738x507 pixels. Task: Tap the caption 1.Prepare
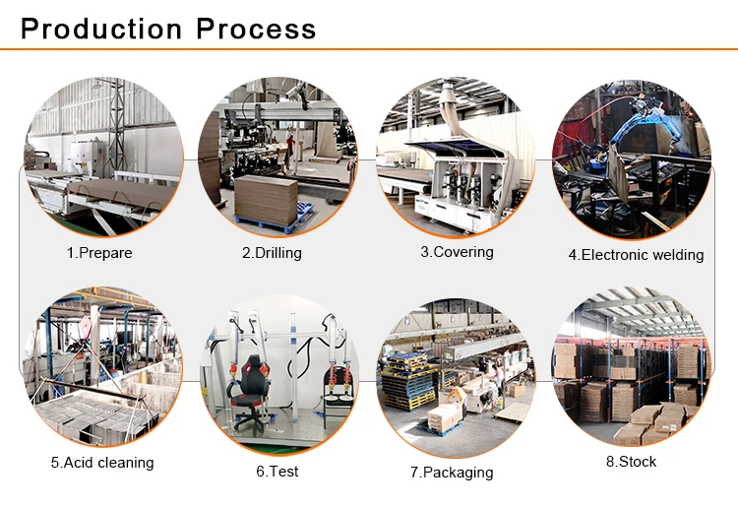point(99,253)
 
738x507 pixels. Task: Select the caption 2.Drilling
point(272,253)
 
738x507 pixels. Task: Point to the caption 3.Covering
point(457,252)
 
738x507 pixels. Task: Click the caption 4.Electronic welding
point(636,255)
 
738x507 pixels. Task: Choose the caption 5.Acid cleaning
point(102,463)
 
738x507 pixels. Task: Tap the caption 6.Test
point(277,472)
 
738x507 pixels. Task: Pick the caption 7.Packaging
point(452,473)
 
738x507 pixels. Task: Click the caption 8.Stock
point(631,462)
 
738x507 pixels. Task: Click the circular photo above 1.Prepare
point(101,157)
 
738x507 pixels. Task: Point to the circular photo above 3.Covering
point(456,156)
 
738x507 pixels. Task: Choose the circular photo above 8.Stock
point(632,366)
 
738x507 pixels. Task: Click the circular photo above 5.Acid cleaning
point(101,366)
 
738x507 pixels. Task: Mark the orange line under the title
point(369,48)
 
